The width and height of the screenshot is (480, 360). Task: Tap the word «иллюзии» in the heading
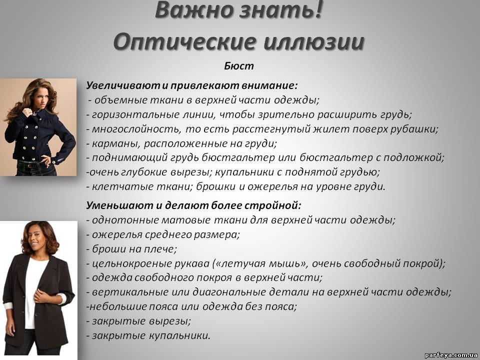(x=314, y=41)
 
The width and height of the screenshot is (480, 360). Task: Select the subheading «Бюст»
(x=239, y=66)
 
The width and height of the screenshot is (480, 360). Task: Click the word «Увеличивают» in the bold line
(x=123, y=85)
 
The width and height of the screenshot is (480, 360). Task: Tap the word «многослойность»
(x=136, y=129)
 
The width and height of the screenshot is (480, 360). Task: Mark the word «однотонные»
(x=125, y=220)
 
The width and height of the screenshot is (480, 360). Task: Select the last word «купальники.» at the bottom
(x=179, y=335)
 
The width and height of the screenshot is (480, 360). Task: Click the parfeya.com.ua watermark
(x=450, y=355)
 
